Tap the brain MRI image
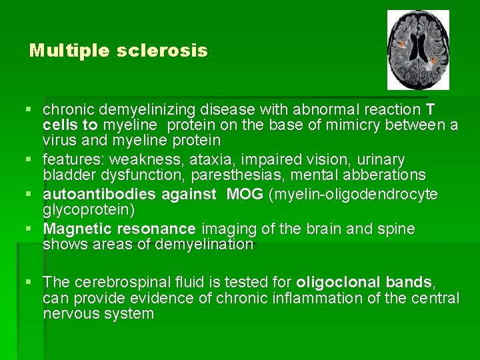418,50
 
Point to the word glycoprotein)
89,210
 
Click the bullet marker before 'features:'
33,160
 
